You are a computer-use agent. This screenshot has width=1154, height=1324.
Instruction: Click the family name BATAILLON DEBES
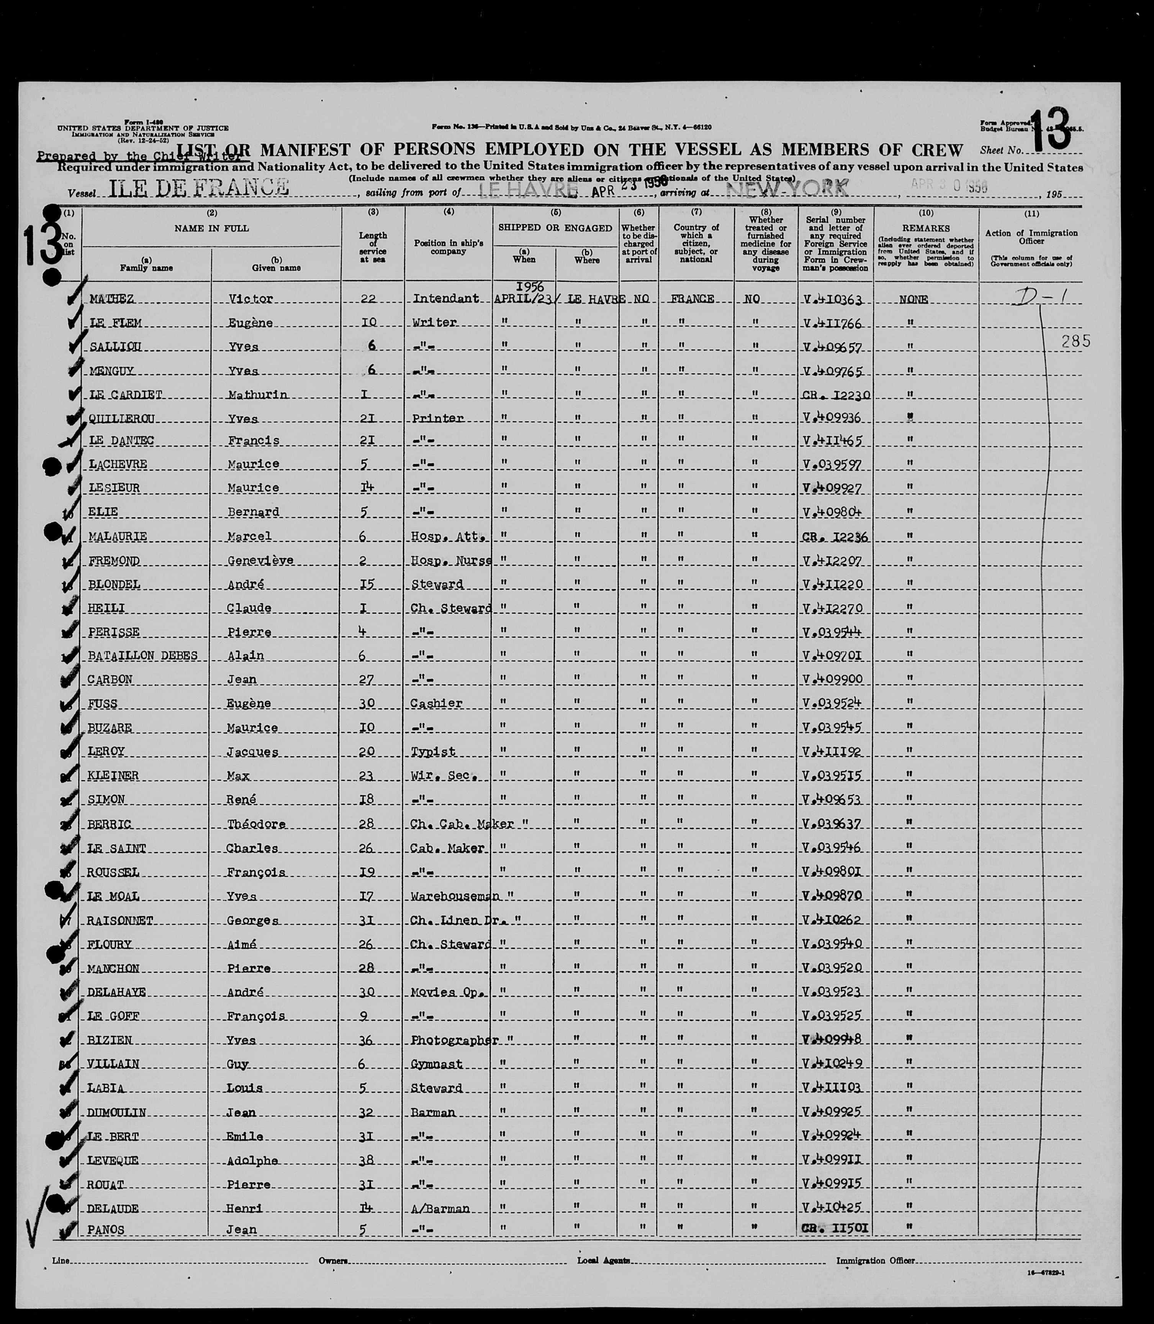coord(142,656)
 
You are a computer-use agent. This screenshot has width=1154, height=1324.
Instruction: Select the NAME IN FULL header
coord(211,228)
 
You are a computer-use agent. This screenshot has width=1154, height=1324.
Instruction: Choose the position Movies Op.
coord(446,993)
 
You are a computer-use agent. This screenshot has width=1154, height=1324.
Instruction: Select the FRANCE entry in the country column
coord(692,299)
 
